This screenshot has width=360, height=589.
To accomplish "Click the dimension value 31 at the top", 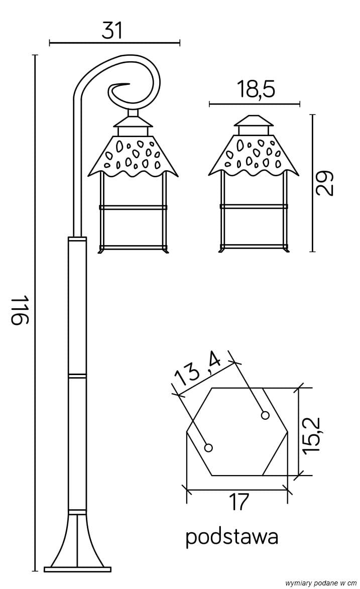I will pyautogui.click(x=112, y=31).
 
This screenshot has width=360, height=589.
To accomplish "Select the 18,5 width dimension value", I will pyautogui.click(x=256, y=89).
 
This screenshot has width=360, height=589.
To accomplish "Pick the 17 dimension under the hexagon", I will pyautogui.click(x=238, y=502).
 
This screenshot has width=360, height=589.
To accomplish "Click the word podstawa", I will pyautogui.click(x=231, y=537).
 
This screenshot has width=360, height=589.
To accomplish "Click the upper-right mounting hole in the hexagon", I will pyautogui.click(x=265, y=415).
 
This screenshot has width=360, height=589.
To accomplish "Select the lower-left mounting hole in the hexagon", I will pyautogui.click(x=209, y=447).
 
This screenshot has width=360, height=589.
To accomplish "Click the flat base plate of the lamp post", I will pyautogui.click(x=77, y=569).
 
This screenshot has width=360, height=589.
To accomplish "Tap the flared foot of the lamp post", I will pyautogui.click(x=77, y=540).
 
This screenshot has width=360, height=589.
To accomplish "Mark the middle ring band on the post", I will pyautogui.click(x=77, y=375).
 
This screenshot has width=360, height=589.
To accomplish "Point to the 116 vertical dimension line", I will pyautogui.click(x=35, y=201).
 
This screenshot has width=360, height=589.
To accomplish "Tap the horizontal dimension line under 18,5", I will pyautogui.click(x=254, y=104).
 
